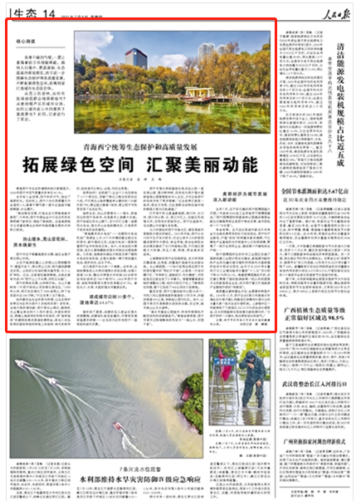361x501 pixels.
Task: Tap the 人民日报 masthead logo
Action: click(334, 11)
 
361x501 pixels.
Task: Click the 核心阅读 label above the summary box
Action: click(26, 39)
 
